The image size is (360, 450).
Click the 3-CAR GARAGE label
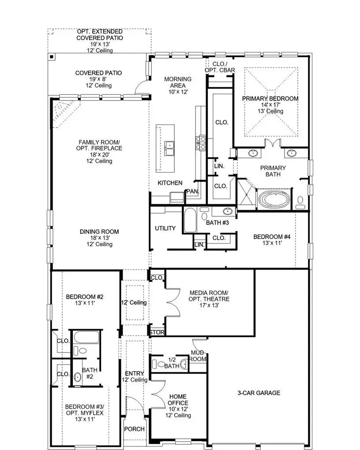pos(259,393)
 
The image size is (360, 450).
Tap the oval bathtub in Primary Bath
pos(274,199)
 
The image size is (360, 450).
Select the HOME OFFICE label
pos(178,400)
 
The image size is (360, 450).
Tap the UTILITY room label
pos(165,229)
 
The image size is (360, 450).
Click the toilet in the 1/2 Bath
pos(157,364)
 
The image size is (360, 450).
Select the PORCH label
pos(134,429)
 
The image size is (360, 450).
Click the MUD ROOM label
pos(198,356)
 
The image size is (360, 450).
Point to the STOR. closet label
pos(157,332)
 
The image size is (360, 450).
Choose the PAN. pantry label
pos(192,191)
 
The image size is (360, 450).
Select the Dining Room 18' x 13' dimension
pos(99,238)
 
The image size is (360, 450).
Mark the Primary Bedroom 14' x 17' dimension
pos(270,105)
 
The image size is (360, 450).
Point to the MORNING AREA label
pos(178,82)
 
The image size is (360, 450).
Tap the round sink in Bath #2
pos(78,378)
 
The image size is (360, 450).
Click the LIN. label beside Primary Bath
pos(219,166)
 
